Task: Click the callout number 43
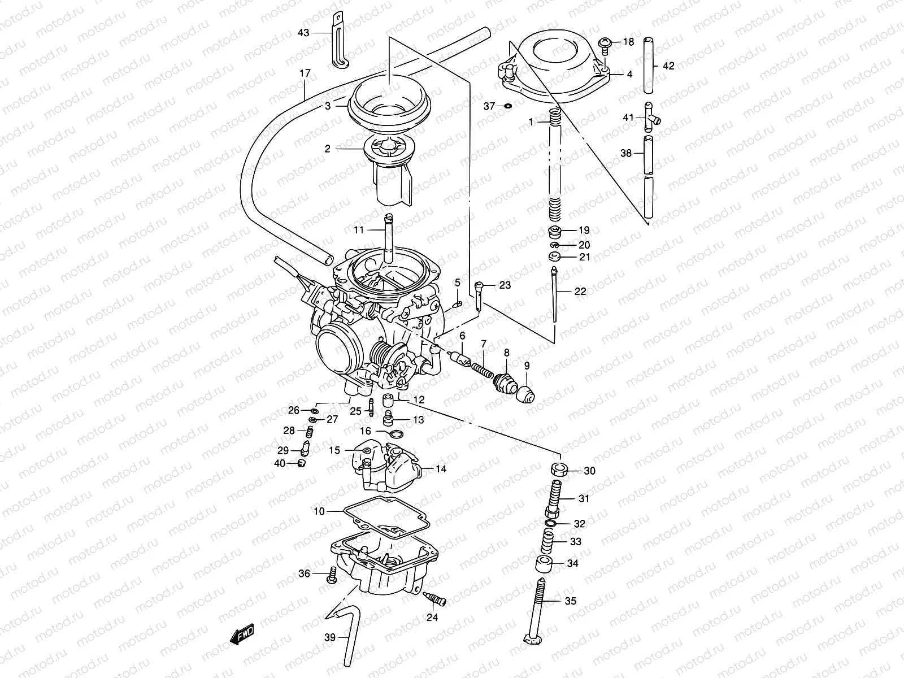(303, 33)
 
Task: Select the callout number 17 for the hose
(305, 73)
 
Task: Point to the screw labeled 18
(605, 44)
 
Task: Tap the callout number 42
(668, 66)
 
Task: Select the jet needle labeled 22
(555, 294)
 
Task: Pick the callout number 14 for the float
(441, 469)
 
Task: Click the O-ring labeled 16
(397, 434)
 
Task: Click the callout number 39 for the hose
(329, 637)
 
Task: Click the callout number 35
(571, 601)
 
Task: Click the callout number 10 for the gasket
(319, 511)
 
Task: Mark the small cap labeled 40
(301, 464)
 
